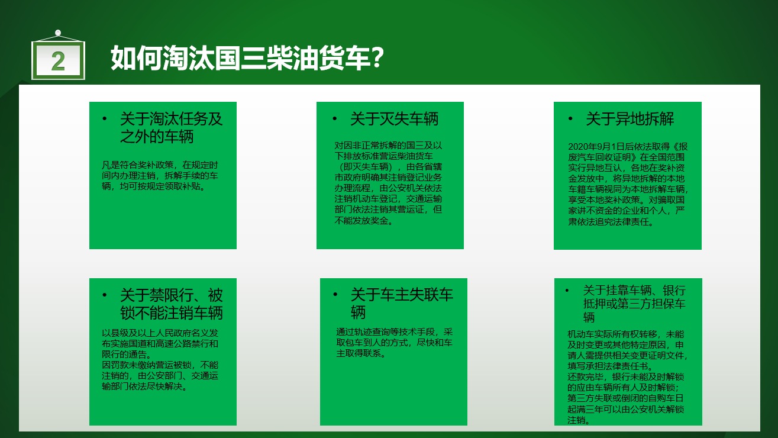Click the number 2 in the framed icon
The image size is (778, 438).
tap(58, 62)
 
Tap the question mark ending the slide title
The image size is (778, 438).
tap(377, 57)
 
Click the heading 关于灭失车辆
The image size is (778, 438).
tap(394, 119)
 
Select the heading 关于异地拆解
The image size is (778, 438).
tap(629, 119)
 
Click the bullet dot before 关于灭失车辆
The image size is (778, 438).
tap(335, 119)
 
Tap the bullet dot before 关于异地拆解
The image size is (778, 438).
tap(570, 119)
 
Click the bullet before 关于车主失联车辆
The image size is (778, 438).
tap(335, 295)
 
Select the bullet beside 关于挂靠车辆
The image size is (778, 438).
tap(567, 291)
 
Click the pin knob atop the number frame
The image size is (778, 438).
tap(58, 33)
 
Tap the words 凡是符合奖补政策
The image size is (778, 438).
tap(137, 165)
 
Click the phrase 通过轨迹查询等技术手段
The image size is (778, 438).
tap(386, 332)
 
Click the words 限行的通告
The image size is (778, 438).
tap(124, 355)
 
